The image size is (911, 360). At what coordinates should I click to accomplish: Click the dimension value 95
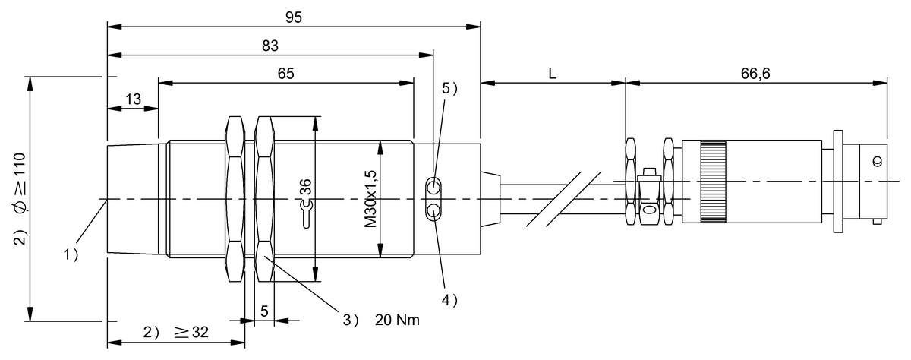(293, 16)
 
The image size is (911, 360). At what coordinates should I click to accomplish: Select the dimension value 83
(270, 45)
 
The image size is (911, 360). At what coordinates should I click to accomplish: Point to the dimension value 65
(285, 73)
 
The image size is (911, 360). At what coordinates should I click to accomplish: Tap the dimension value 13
(133, 99)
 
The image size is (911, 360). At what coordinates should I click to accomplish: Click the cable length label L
(553, 73)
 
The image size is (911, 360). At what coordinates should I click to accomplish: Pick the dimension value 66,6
(755, 73)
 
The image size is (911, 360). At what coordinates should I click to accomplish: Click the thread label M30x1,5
(371, 199)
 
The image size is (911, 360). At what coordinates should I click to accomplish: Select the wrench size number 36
(305, 188)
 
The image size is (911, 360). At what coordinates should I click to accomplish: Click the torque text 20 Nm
(396, 321)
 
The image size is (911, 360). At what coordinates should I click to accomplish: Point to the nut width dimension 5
(263, 311)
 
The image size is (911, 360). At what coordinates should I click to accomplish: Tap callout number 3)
(350, 321)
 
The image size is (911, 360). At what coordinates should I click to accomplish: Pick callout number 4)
(449, 300)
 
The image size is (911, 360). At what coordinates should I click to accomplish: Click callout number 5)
(449, 88)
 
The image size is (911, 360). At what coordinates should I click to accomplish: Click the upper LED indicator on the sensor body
(433, 187)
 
